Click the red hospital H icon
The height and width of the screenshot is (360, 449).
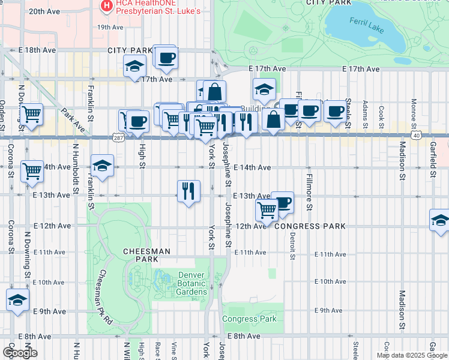coord(107,6)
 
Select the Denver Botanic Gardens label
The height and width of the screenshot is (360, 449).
coord(192,284)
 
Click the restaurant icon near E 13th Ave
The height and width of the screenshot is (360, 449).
coord(188,191)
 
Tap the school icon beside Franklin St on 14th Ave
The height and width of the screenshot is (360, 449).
coord(103,166)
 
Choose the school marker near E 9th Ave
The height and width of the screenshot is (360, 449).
coord(17,300)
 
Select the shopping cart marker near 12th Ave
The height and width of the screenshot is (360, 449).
coord(267,210)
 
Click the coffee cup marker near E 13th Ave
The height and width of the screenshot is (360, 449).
coord(282,202)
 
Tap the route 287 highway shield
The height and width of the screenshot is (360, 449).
coord(118,137)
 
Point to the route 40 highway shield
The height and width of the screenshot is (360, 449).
coord(415,136)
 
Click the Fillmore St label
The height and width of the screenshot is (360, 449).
coord(309,192)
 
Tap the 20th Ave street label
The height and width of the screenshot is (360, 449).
coord(44,11)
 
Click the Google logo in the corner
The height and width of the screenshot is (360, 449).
coord(19,352)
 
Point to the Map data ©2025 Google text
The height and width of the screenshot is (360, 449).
coord(412,355)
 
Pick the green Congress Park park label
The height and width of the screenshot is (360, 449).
coord(249,319)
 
